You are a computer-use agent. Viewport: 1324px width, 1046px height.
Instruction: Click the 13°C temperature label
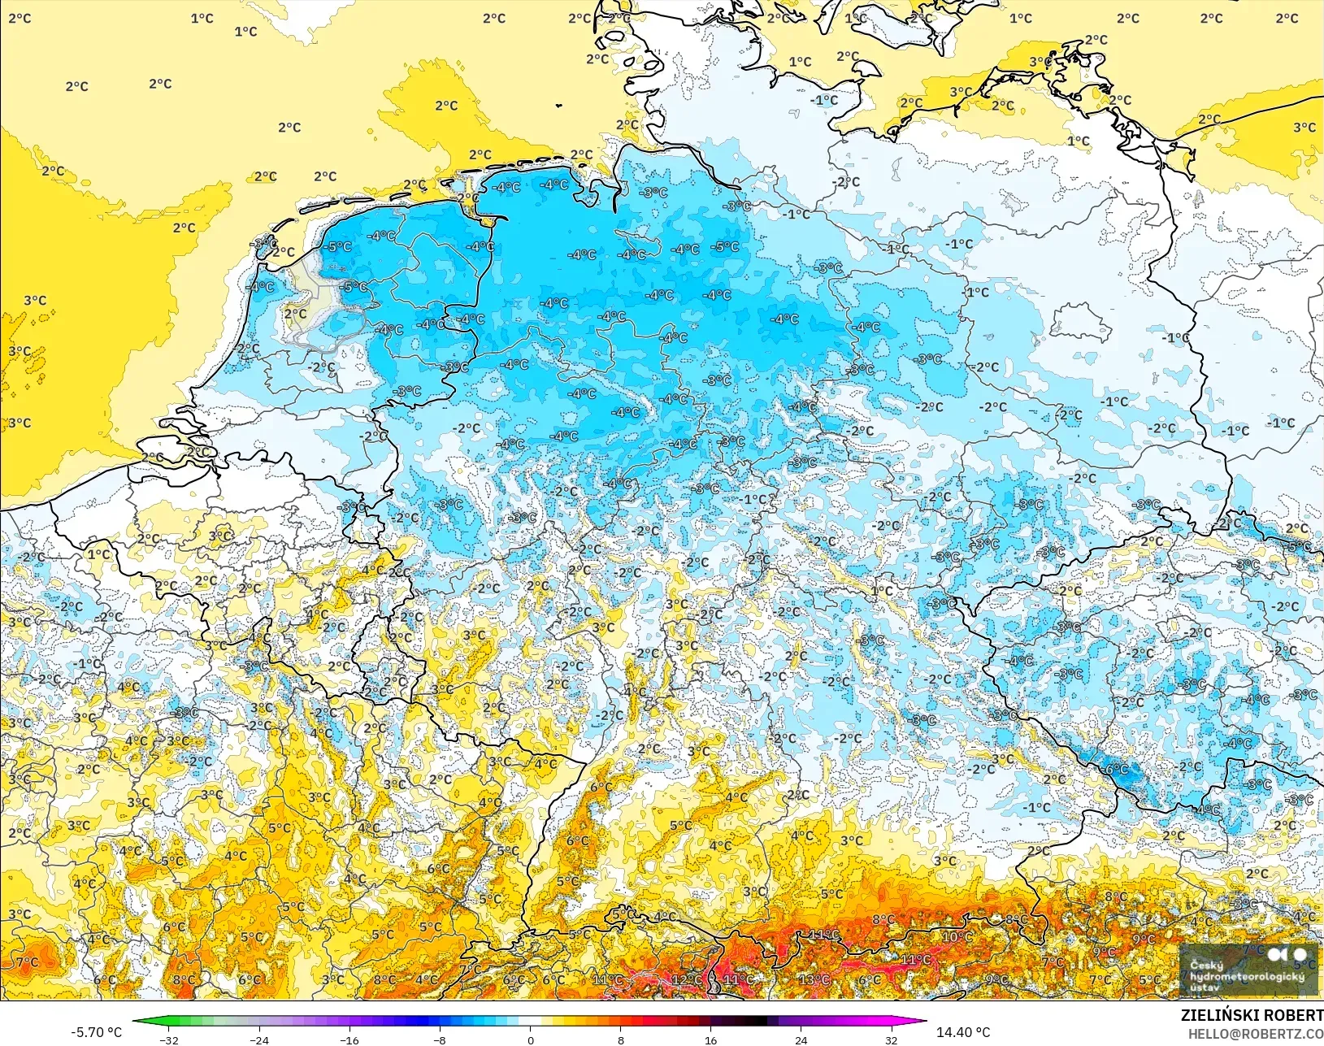[x=814, y=979]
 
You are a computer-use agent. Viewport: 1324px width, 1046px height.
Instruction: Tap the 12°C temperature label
[x=687, y=979]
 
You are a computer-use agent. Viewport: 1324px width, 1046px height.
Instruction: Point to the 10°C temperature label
[x=957, y=936]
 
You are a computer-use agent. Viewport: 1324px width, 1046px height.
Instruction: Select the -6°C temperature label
[x=1117, y=769]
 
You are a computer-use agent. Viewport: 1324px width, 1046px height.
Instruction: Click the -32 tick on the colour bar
[x=169, y=1039]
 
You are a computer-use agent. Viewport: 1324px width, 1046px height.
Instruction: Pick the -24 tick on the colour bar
[x=259, y=1039]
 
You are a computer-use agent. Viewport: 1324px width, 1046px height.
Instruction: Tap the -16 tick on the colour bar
[x=349, y=1039]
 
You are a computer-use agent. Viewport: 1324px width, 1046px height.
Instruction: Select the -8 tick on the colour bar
[x=440, y=1039]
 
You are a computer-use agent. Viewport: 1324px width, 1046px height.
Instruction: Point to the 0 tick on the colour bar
[x=531, y=1039]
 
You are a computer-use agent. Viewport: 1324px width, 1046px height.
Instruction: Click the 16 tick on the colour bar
[x=710, y=1039]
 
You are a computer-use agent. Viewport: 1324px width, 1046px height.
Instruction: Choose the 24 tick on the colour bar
[x=801, y=1039]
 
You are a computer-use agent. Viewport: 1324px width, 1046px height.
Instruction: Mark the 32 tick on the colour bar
[x=891, y=1039]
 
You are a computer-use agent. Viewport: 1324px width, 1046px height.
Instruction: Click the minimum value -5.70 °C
[x=96, y=1032]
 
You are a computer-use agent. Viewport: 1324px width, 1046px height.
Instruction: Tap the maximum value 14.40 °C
[x=963, y=1032]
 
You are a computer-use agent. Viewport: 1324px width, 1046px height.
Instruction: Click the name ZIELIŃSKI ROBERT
[x=1252, y=1016]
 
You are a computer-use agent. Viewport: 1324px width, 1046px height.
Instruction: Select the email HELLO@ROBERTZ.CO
[x=1256, y=1034]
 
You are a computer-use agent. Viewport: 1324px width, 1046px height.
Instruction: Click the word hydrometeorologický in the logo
[x=1247, y=976]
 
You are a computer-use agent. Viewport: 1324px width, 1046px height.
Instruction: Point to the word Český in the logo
[x=1206, y=966]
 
